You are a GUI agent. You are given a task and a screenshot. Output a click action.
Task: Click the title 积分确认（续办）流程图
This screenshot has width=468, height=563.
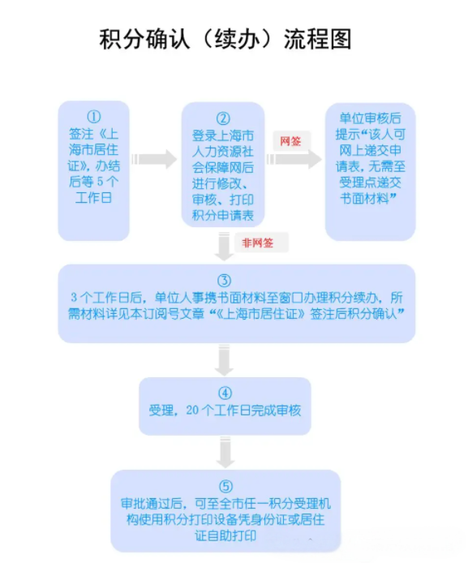[225, 39]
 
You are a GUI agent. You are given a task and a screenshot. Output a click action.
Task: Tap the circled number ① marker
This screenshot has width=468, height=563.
[93, 117]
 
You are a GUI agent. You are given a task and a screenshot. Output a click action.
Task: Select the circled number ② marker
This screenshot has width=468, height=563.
[223, 119]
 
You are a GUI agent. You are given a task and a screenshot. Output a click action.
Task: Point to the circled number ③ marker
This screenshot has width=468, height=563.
[225, 281]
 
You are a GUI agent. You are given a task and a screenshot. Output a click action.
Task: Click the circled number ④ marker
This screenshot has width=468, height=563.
[225, 393]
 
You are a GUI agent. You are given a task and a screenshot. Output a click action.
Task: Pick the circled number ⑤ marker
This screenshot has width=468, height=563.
[225, 487]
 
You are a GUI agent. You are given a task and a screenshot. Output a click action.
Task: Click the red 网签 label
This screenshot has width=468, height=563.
[290, 141]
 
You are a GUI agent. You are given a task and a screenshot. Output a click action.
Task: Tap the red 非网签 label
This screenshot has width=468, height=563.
[257, 243]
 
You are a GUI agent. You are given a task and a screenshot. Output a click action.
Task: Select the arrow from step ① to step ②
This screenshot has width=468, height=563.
[154, 159]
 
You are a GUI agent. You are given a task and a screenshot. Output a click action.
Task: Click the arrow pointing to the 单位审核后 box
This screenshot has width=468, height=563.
[294, 159]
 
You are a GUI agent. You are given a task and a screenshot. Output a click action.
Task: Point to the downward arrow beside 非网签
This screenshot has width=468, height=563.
[225, 247]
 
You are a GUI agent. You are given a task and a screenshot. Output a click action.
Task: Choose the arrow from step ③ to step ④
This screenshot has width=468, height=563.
[225, 360]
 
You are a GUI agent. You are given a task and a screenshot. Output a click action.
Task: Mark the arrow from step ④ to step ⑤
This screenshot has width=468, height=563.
[225, 453]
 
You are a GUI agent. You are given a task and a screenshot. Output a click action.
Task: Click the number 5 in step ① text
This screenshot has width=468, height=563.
[100, 182]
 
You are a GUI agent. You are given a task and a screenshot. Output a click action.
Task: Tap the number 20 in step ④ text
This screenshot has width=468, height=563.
[192, 410]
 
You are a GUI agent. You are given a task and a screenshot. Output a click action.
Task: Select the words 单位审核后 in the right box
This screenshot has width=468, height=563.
[370, 118]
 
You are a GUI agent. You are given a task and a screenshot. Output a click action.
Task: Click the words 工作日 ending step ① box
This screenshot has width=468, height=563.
[93, 197]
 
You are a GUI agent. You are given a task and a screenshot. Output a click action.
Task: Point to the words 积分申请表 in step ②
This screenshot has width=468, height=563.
[223, 216]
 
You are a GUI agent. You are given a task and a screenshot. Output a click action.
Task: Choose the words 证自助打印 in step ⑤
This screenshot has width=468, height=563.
[225, 535]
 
